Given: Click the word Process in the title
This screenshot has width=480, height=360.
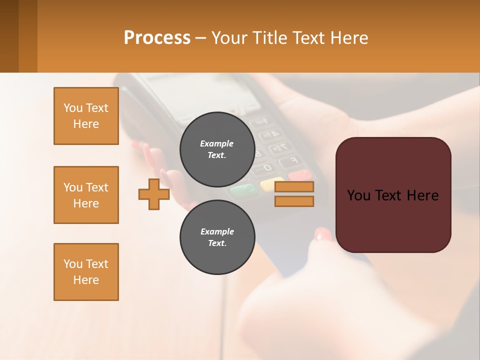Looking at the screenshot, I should tap(157, 37).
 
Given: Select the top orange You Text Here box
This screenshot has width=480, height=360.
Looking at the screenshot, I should tap(86, 116).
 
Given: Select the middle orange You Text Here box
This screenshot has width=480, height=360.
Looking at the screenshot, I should tap(86, 195).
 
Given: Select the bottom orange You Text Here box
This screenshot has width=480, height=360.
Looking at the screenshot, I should tap(86, 272).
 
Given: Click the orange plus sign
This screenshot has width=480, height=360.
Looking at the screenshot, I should tap(154, 194).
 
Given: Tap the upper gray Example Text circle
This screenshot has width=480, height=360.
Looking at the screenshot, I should tap(217, 149).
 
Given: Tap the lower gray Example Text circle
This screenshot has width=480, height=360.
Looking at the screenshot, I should tap(217, 237).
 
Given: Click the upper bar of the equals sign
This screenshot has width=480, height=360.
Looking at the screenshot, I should tap(294, 187).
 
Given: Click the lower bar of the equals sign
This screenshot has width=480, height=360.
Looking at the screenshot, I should tap(294, 201).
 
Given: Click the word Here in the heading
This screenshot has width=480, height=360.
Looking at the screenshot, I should tap(349, 37).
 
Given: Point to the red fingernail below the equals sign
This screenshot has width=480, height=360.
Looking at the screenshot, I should tap(322, 234).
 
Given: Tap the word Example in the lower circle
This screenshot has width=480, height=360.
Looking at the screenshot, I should tap(217, 231).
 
